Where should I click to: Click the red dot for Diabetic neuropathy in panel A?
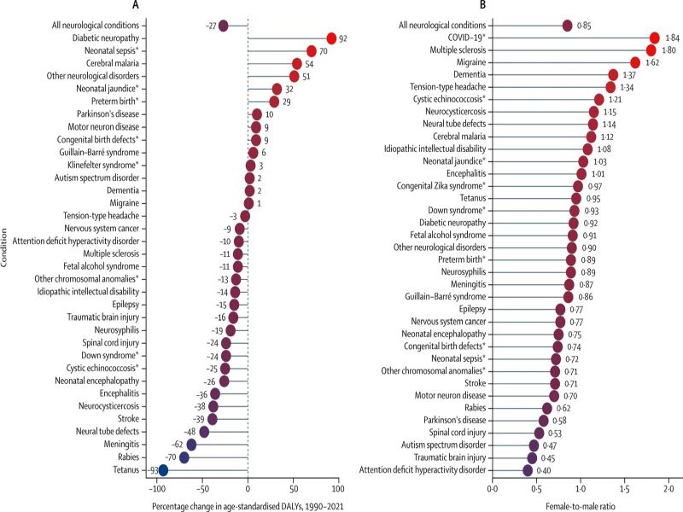331,38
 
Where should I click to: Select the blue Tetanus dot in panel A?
163,469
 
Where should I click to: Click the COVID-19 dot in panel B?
655,38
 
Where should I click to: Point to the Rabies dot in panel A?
184,457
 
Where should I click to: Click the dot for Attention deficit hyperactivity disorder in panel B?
528,469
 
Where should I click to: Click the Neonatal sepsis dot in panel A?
312,51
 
